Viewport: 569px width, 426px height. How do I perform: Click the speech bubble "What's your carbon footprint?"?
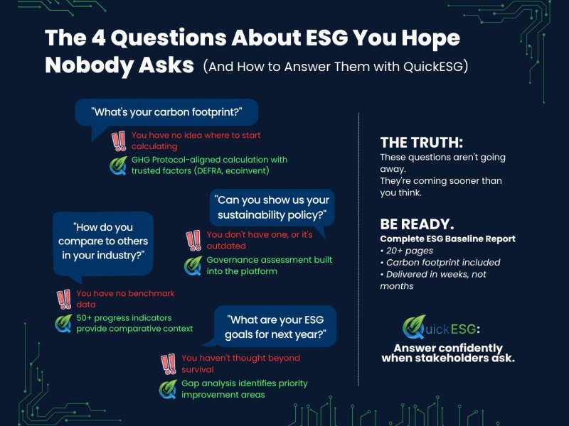click(166, 111)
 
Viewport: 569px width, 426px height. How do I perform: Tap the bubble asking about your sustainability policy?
click(271, 207)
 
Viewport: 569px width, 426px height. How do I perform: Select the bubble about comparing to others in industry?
click(104, 241)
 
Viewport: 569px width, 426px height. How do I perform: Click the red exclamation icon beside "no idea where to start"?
click(119, 141)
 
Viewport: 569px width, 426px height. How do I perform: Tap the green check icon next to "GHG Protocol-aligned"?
click(118, 165)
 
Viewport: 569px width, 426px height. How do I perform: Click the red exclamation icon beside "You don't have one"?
click(193, 240)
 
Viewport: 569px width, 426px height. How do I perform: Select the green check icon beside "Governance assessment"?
click(193, 266)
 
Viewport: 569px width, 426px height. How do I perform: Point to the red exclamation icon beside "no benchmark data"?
click(64, 298)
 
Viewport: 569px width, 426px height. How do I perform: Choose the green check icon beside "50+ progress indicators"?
click(64, 323)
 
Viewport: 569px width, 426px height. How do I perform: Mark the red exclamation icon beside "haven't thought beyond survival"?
click(169, 364)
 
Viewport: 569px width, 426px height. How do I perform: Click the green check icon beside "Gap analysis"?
click(169, 388)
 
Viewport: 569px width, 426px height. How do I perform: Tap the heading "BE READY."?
click(417, 224)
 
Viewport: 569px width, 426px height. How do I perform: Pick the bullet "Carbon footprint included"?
click(440, 262)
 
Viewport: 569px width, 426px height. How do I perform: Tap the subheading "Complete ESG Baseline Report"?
click(447, 239)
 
